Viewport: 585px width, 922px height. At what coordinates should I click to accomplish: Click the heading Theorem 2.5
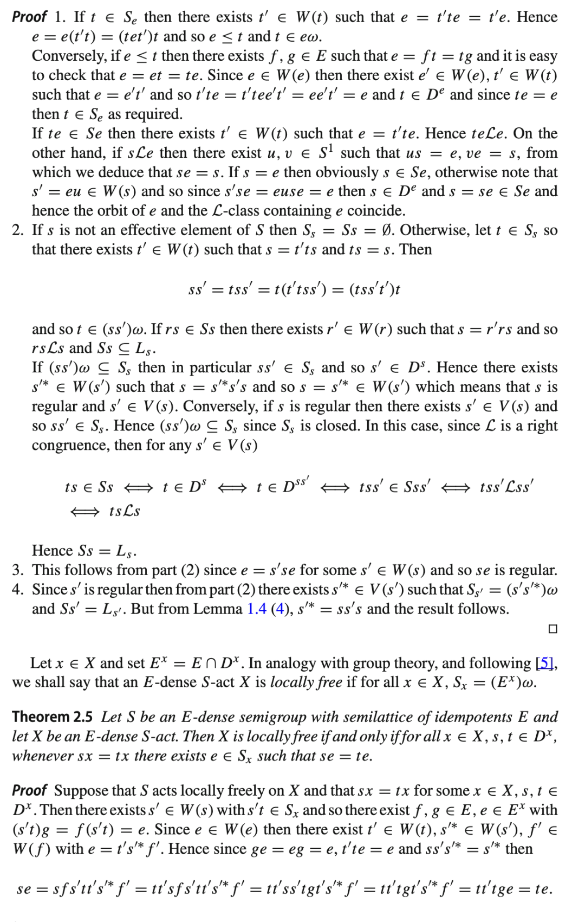tap(52, 717)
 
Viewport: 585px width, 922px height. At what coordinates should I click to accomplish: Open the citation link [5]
tap(545, 663)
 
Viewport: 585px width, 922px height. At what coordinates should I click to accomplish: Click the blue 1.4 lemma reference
tap(256, 609)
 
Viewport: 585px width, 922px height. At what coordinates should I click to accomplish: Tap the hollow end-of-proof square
tap(552, 629)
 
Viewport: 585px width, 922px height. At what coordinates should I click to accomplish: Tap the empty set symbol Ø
tap(385, 230)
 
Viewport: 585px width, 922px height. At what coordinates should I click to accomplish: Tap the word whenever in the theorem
tap(40, 756)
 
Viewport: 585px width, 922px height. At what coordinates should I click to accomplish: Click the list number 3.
tap(17, 570)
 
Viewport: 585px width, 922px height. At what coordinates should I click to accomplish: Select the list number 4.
tap(17, 589)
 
